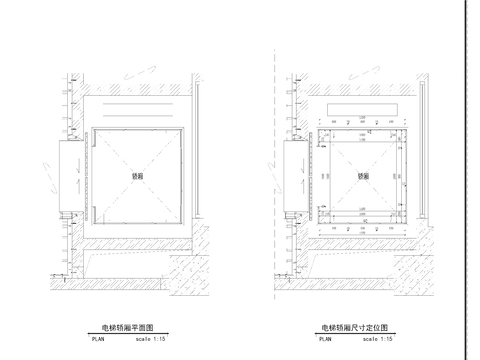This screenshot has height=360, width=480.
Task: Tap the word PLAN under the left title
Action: coord(97,338)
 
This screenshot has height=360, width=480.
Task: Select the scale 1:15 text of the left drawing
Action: coord(150,338)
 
